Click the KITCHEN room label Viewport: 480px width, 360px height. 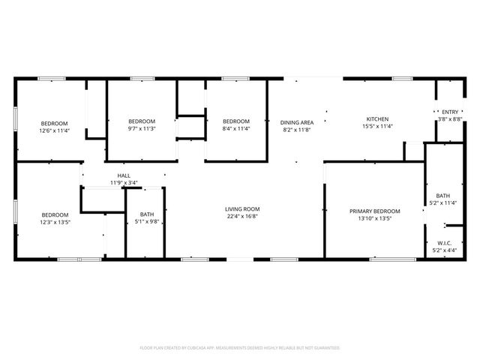coord(376,119)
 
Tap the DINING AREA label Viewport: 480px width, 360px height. coord(297,121)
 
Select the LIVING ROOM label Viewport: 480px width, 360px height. coord(242,209)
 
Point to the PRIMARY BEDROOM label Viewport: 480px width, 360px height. coord(375,211)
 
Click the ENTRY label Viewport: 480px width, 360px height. coord(450,111)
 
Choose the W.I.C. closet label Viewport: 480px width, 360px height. coord(445,243)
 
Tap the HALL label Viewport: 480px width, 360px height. coord(124,175)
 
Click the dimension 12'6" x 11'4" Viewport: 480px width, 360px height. coord(54,130)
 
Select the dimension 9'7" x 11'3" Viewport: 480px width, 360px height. coord(141,128)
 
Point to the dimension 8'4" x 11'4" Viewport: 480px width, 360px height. coord(235,128)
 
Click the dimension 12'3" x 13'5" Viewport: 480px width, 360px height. coord(55,221)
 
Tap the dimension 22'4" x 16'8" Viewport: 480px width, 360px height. coord(242,217)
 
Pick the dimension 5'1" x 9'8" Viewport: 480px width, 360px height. coord(147,221)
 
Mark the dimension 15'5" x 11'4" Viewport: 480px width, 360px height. coord(376,127)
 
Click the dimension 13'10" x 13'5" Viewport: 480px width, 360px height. coord(375,218)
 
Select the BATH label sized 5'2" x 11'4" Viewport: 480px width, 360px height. coord(443,196)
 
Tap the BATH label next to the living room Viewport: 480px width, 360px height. coord(147,214)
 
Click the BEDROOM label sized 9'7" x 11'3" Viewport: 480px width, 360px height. coord(141,121)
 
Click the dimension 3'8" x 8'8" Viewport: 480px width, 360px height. coord(450,118)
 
